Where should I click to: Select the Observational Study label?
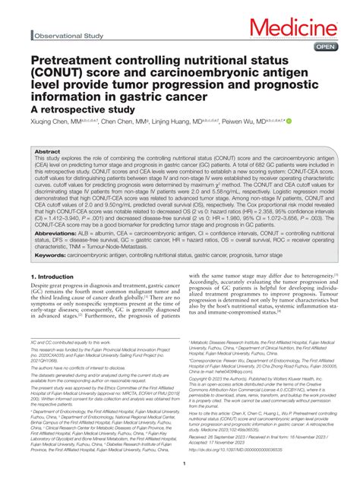pyautogui.click(x=68, y=36)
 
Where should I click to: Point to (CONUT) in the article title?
pyautogui.click(x=55, y=74)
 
